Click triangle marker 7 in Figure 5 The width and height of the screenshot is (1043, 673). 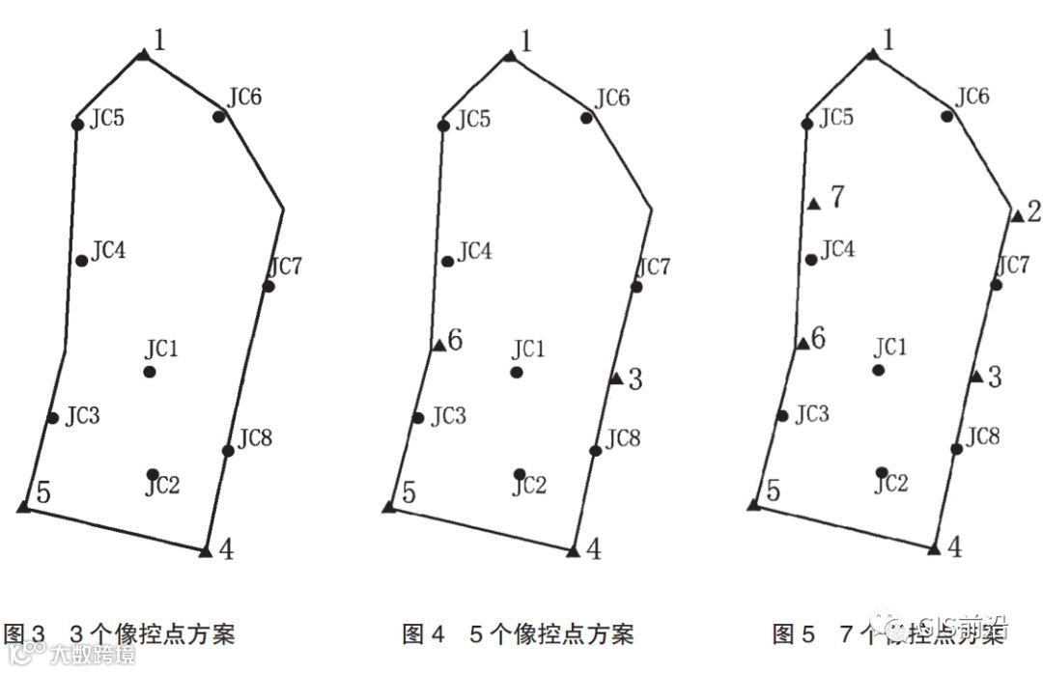pyautogui.click(x=813, y=203)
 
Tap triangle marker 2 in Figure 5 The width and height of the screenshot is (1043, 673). pyautogui.click(x=1016, y=215)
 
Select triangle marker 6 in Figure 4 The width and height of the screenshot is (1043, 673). pyautogui.click(x=438, y=345)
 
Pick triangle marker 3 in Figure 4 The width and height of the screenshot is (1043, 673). pyautogui.click(x=615, y=379)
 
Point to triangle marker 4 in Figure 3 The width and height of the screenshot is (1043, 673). pyautogui.click(x=205, y=551)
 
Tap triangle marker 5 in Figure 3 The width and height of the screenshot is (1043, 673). pyautogui.click(x=24, y=505)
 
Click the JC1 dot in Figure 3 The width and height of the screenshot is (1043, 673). pyautogui.click(x=150, y=372)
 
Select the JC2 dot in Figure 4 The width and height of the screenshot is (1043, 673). pyautogui.click(x=520, y=473)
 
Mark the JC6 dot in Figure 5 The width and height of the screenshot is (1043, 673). pyautogui.click(x=947, y=116)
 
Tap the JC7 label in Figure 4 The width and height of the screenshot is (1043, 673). pyautogui.click(x=654, y=266)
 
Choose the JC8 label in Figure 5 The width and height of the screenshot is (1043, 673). pyautogui.click(x=983, y=436)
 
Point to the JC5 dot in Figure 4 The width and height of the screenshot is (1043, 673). pyautogui.click(x=443, y=125)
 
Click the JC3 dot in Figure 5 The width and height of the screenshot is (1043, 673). pyautogui.click(x=782, y=416)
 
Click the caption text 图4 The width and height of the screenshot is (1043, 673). pyautogui.click(x=423, y=634)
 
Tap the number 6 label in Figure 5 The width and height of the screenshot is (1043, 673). pyautogui.click(x=818, y=338)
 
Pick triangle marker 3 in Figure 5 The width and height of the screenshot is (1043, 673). pyautogui.click(x=976, y=376)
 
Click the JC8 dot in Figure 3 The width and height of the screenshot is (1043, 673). pyautogui.click(x=228, y=450)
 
